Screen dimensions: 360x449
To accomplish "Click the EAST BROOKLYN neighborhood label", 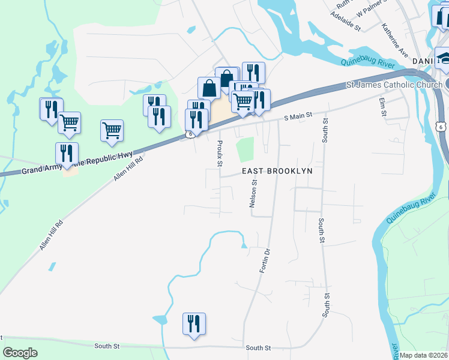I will [278, 171].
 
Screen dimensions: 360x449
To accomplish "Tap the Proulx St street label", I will [220, 154].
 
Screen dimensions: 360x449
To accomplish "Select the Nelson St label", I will [254, 194].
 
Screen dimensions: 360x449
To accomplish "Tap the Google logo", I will [20, 353].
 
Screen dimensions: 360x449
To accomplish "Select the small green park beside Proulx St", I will [245, 149].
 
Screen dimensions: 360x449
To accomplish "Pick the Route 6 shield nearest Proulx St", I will [189, 134].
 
